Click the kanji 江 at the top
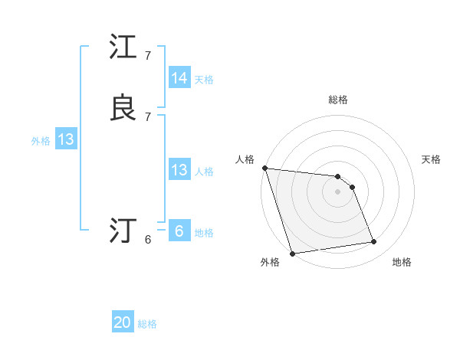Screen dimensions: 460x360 click(x=123, y=47)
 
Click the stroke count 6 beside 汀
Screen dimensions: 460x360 click(x=148, y=240)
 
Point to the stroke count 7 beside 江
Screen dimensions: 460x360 click(x=148, y=56)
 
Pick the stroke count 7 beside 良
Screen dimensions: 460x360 click(x=148, y=116)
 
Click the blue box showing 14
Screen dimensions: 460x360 click(x=179, y=78)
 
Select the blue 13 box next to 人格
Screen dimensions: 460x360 click(x=179, y=170)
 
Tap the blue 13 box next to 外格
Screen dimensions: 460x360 click(x=65, y=139)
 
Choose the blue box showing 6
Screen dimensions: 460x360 click(x=179, y=231)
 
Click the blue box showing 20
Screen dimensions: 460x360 click(x=123, y=322)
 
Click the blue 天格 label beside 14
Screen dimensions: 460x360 click(x=204, y=79)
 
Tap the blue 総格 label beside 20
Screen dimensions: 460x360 click(x=147, y=324)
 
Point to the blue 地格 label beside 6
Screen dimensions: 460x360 click(x=204, y=233)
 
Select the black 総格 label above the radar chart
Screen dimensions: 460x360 click(x=338, y=100)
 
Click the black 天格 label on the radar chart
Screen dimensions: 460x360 click(x=431, y=159)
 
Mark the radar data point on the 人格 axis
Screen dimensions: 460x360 click(x=264, y=168)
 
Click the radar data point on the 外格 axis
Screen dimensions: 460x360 click(x=292, y=253)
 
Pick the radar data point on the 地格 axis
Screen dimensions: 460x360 click(x=374, y=242)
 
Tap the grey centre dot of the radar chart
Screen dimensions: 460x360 click(x=338, y=191)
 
